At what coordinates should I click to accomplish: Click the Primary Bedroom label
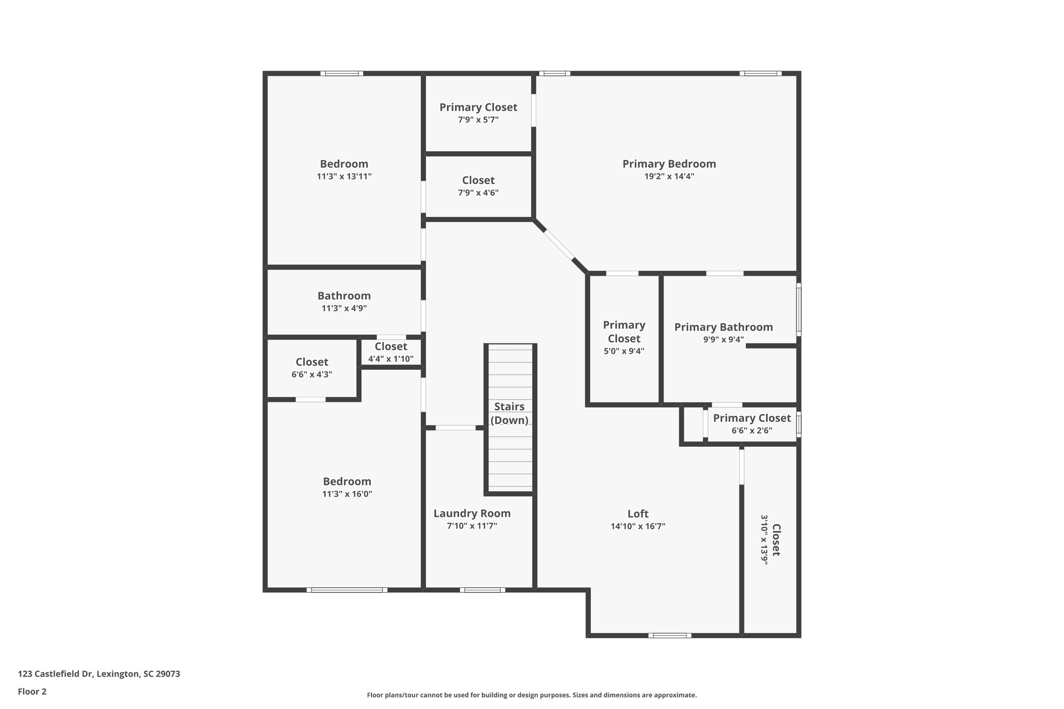669,164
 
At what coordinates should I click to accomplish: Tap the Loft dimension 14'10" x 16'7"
638,526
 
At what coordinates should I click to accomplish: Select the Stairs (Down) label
509,413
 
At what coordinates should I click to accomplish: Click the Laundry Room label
472,514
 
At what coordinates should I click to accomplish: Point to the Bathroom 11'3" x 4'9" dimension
344,309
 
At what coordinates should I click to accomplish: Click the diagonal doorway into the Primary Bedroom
559,245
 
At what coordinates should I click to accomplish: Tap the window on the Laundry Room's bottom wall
482,590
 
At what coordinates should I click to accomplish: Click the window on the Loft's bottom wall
669,635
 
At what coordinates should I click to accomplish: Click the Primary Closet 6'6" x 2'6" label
752,418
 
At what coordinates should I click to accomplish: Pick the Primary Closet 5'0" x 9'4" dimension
624,351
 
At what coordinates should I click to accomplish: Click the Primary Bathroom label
723,327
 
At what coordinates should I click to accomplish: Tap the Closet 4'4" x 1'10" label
391,346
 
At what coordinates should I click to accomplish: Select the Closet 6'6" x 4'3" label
312,362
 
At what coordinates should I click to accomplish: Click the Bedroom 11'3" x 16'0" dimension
347,494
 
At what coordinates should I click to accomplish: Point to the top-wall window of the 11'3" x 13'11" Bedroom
341,73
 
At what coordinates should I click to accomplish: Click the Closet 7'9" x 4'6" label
478,181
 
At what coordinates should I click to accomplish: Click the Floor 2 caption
32,691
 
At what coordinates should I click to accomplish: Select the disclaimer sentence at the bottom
531,695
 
